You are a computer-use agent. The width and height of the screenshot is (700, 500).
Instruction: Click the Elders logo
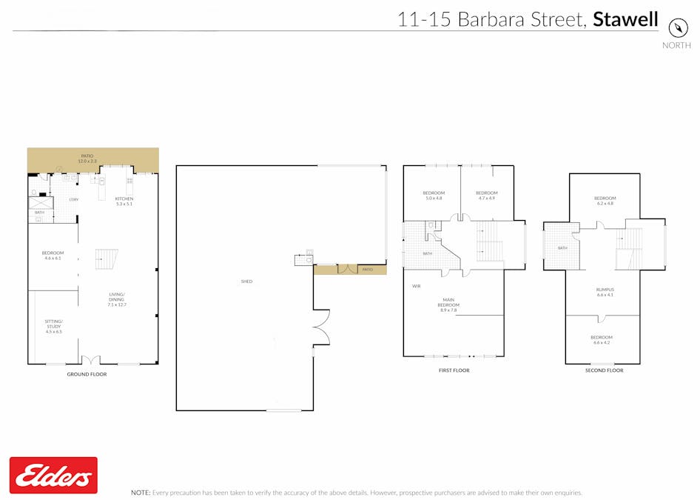pyautogui.click(x=53, y=475)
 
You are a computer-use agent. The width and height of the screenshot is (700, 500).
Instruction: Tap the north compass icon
pyautogui.click(x=678, y=27)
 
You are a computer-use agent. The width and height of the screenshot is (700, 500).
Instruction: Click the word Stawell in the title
pyautogui.click(x=625, y=19)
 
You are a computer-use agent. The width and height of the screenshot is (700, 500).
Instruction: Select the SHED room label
pyautogui.click(x=246, y=281)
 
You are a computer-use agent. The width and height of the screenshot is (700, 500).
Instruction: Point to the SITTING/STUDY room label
pyautogui.click(x=54, y=326)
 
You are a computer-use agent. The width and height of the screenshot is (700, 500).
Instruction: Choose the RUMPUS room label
pyautogui.click(x=605, y=292)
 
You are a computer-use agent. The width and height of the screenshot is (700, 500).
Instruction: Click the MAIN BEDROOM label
pyautogui.click(x=448, y=304)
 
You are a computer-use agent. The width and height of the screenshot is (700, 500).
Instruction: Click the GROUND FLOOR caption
pyautogui.click(x=87, y=375)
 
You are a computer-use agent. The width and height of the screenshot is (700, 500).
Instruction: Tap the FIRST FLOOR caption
pyautogui.click(x=454, y=370)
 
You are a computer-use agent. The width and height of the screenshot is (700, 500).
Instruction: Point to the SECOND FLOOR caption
pyautogui.click(x=605, y=370)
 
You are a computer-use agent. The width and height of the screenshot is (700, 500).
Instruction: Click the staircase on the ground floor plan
pyautogui.click(x=107, y=259)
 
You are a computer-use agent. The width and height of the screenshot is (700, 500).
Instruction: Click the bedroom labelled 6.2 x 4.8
pyautogui.click(x=605, y=201)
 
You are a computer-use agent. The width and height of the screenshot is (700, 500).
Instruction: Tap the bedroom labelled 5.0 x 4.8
pyautogui.click(x=434, y=196)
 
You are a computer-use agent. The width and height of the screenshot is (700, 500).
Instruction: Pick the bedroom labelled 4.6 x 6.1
pyautogui.click(x=53, y=256)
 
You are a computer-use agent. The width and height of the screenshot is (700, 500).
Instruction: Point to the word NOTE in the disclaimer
pyautogui.click(x=140, y=493)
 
